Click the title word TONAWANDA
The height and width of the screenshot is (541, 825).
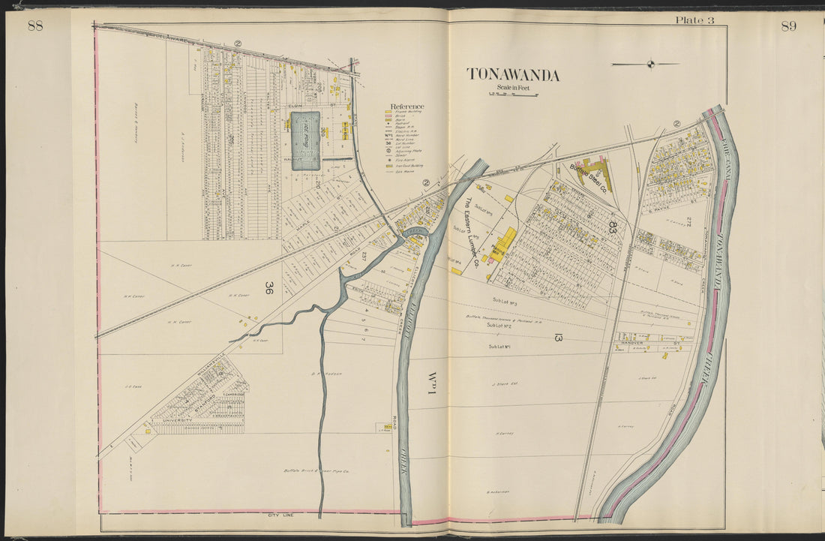pos(513,74)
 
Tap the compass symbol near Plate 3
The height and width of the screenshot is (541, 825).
pos(650,65)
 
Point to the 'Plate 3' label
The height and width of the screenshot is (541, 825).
pos(694,20)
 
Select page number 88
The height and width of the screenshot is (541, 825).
pos(35,26)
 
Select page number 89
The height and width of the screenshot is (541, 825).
pos(788,26)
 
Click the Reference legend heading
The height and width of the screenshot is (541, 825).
pos(406,107)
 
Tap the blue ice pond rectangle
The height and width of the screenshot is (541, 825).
pos(305,140)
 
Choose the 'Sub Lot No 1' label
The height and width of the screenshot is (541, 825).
pos(499,347)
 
